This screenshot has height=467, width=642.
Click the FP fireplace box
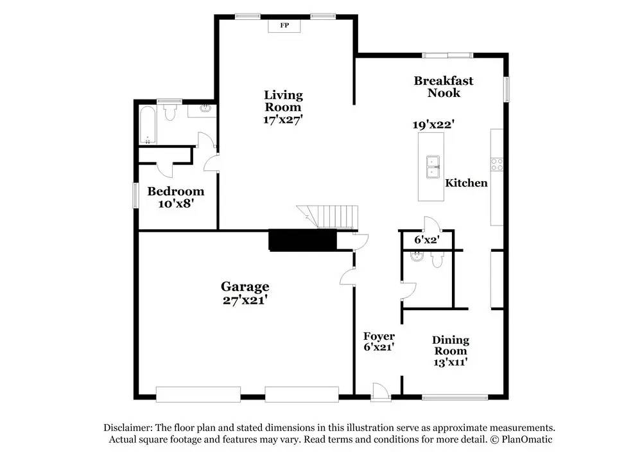[284, 26]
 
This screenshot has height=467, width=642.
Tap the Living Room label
[283, 101]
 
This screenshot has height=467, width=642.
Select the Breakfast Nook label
[444, 87]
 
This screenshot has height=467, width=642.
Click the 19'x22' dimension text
[438, 125]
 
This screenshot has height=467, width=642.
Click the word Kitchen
[467, 183]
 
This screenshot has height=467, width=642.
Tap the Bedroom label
[175, 191]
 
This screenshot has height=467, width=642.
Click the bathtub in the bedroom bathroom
[147, 127]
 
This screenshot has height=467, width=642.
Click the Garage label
[245, 287]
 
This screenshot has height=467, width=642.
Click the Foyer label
[379, 337]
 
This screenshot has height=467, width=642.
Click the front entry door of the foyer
[379, 391]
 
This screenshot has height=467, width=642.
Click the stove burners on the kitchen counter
[497, 164]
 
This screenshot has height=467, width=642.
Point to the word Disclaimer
[126, 428]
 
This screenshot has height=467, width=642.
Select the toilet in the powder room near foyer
[438, 259]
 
